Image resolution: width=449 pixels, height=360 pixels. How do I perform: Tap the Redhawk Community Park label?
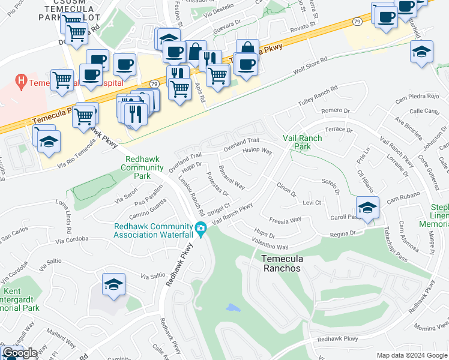coord(143,168)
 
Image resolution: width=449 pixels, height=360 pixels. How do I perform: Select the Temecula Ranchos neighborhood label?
coord(281,263)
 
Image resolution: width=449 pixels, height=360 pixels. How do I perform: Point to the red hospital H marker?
coord(22,80)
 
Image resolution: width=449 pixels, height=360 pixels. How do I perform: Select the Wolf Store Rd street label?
coord(310,65)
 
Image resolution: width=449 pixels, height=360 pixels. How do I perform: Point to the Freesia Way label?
coord(285,220)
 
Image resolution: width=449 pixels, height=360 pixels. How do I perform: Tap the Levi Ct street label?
coord(312,203)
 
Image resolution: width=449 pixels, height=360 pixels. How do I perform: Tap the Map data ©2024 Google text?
coord(411,355)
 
